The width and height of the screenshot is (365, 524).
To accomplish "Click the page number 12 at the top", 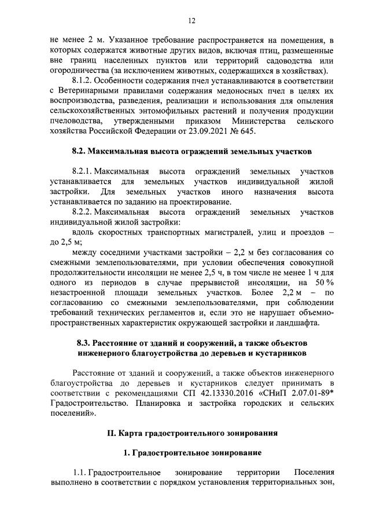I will pos(192,21).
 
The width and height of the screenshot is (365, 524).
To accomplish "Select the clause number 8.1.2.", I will pos(83,79).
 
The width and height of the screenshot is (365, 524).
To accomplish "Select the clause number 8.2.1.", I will pos(83,172).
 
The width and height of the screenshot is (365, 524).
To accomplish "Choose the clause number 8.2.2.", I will pos(83,212).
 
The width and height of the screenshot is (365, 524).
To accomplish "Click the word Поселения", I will pos(315,474).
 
